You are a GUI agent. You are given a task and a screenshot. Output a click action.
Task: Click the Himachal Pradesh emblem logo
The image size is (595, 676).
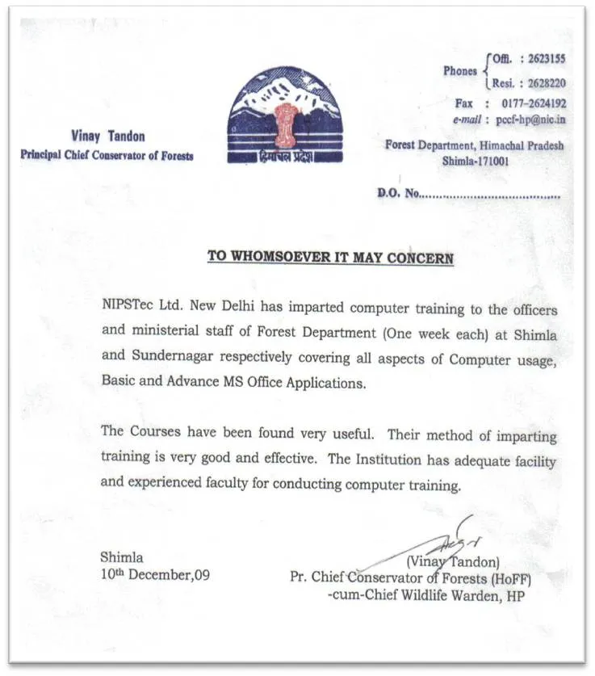click(284, 114)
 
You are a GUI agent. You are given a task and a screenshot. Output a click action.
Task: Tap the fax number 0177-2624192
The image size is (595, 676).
click(533, 103)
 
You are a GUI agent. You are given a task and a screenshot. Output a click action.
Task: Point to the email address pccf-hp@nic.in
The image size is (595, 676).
click(530, 120)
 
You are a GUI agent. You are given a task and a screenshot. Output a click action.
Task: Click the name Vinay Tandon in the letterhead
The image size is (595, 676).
click(107, 137)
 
